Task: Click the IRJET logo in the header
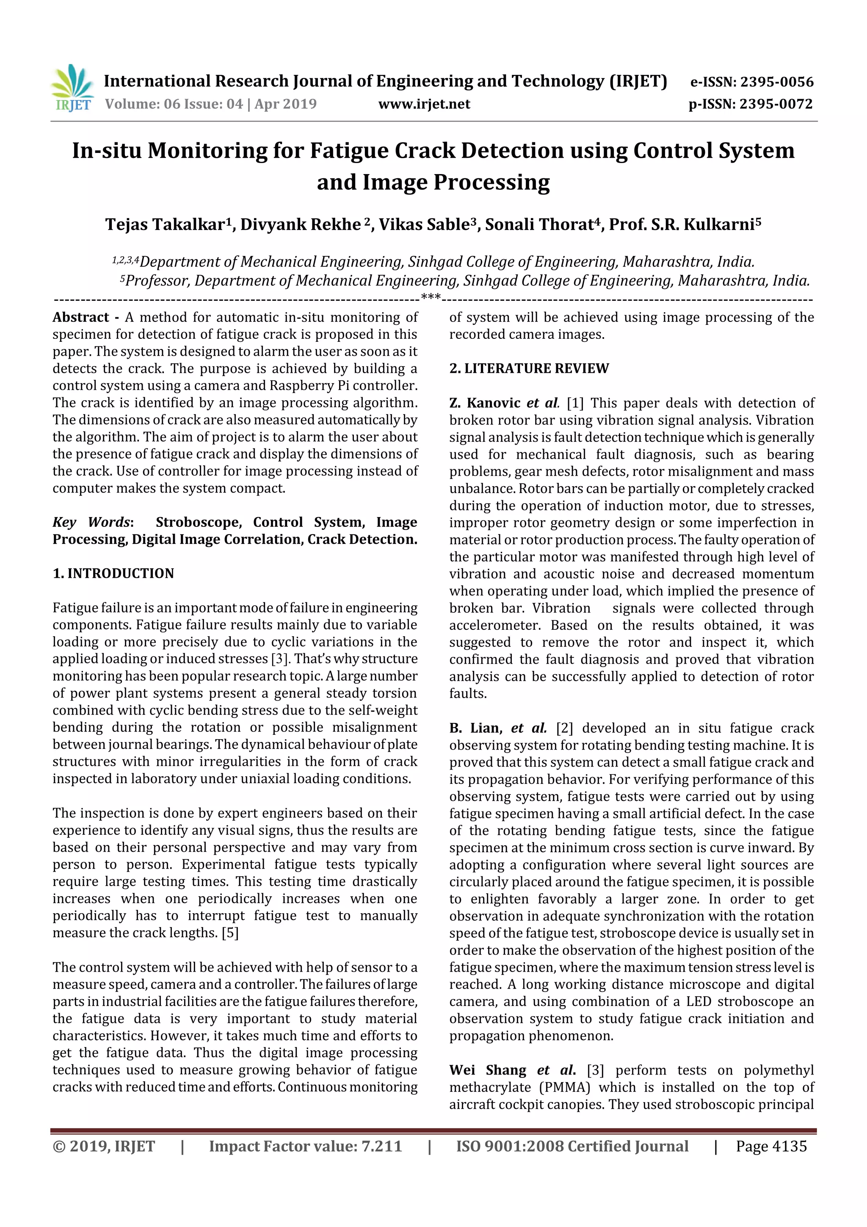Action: [x=72, y=88]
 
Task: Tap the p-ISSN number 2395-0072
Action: [x=776, y=104]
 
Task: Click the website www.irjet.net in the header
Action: [x=424, y=104]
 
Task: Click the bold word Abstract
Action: [x=81, y=317]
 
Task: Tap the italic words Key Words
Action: [x=91, y=522]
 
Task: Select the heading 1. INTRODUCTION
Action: [x=113, y=573]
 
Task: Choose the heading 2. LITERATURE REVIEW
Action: [x=529, y=368]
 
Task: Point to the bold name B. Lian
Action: [x=475, y=728]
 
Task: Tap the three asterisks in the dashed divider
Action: [x=431, y=296]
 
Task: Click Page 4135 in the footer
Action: [x=771, y=1146]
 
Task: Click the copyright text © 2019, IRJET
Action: [x=104, y=1146]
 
